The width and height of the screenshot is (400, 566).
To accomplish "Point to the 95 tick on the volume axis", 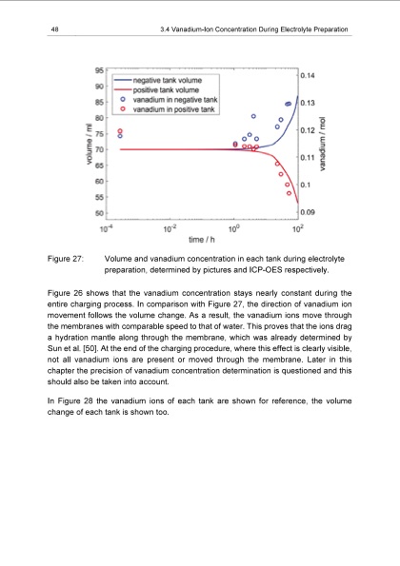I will (x=100, y=68).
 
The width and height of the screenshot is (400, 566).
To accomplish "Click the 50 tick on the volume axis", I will (x=100, y=213).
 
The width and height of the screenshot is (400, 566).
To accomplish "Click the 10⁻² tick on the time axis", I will (x=170, y=227).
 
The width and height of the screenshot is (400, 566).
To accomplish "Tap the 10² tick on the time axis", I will (x=297, y=227).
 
